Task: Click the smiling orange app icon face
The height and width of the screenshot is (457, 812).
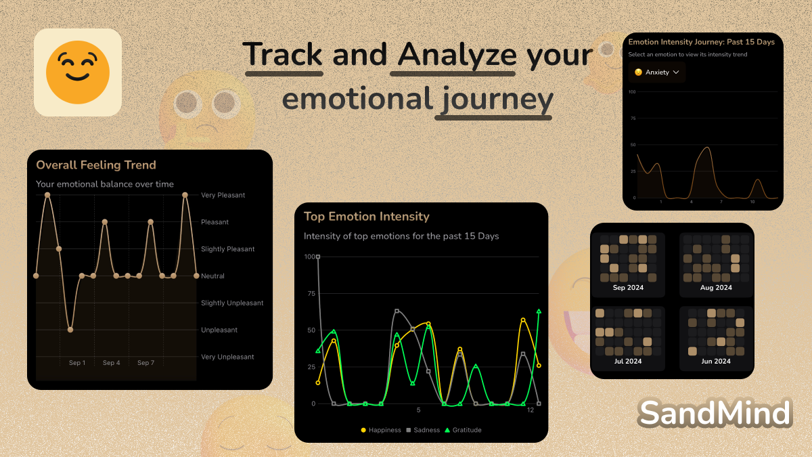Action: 78,72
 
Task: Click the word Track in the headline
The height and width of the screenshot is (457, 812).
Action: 282,54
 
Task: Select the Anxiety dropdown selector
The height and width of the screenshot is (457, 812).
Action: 656,72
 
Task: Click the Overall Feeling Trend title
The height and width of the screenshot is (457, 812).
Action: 96,165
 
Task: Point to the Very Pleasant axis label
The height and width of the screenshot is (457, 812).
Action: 223,195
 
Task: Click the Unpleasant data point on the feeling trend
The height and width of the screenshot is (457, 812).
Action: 70,330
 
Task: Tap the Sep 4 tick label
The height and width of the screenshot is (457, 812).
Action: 111,363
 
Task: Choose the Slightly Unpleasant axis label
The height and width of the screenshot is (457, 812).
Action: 232,303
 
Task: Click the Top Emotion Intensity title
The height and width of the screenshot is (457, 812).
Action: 367,217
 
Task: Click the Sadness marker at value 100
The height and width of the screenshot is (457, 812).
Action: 318,257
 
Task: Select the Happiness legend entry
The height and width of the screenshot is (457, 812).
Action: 381,430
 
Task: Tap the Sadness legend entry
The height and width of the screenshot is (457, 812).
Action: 423,430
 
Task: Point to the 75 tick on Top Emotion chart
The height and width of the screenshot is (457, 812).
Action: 311,293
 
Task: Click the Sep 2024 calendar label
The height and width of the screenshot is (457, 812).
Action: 628,288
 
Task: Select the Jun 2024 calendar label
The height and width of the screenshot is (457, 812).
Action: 716,362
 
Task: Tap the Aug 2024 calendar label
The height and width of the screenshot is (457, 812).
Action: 716,288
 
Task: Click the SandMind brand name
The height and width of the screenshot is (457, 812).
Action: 715,413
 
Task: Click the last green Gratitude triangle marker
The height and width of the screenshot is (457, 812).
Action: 539,311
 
